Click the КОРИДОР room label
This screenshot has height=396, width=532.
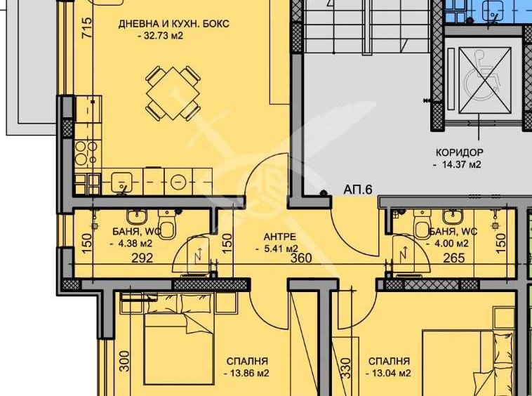[459, 152]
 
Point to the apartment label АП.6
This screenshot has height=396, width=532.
[357, 190]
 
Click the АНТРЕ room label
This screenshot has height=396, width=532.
[278, 236]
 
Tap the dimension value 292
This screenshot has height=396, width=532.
[142, 258]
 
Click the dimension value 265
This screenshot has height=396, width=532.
[454, 258]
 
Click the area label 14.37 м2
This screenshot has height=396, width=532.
[458, 165]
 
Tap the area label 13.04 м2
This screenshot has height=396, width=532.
[388, 374]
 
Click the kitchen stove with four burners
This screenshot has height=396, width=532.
[86, 152]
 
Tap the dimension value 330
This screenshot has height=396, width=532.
[345, 368]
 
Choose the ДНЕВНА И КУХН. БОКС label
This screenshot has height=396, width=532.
[173, 24]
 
